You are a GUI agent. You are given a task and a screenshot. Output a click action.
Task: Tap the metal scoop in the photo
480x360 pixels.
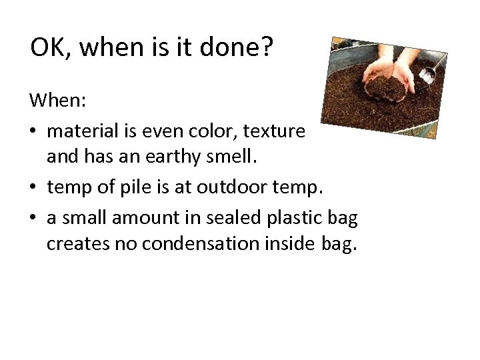429,72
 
